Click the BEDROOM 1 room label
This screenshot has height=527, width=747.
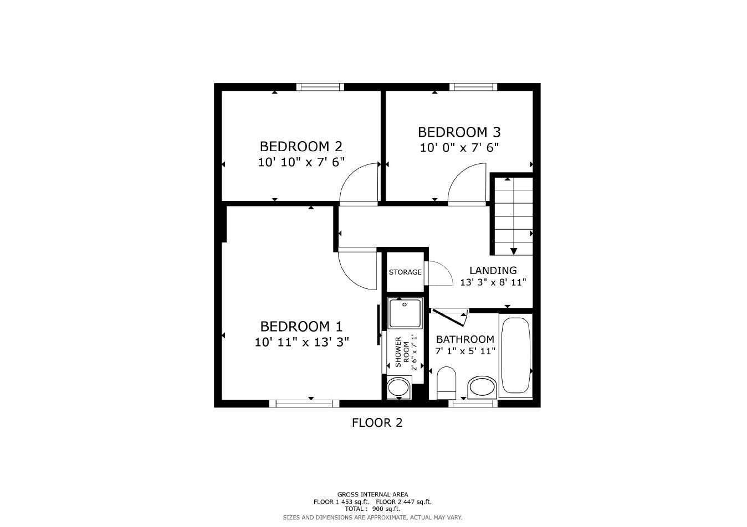click(x=301, y=326)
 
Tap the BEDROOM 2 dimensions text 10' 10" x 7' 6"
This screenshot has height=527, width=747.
click(x=301, y=162)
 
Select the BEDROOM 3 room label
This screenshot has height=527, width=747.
click(x=459, y=132)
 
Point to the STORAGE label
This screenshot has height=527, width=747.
click(x=405, y=272)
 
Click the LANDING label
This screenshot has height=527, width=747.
click(x=493, y=270)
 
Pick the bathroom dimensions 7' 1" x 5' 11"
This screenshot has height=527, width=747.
click(x=465, y=351)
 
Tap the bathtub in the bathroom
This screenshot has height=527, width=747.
click(x=515, y=355)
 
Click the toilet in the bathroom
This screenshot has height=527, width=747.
click(x=446, y=382)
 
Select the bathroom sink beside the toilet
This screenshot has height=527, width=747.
click(x=482, y=387)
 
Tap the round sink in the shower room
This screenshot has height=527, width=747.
click(x=398, y=387)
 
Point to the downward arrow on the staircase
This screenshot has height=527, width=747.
click(x=514, y=251)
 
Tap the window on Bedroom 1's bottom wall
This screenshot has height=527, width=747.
click(x=304, y=404)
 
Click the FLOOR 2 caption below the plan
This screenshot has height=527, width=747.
click(x=377, y=423)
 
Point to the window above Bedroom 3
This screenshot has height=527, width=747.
click(x=473, y=87)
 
